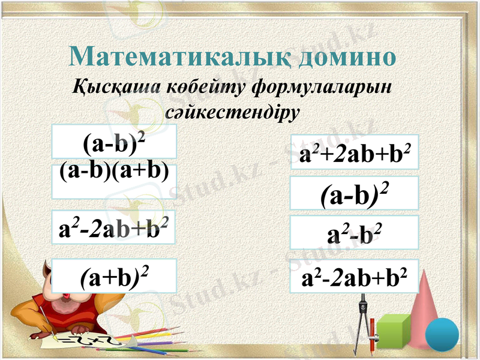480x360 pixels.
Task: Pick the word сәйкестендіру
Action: tap(231, 112)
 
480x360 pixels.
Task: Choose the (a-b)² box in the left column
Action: tap(113, 143)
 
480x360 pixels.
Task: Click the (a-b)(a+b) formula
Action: tap(113, 172)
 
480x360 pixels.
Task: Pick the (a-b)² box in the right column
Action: tap(354, 193)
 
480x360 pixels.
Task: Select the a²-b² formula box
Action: tap(354, 233)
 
